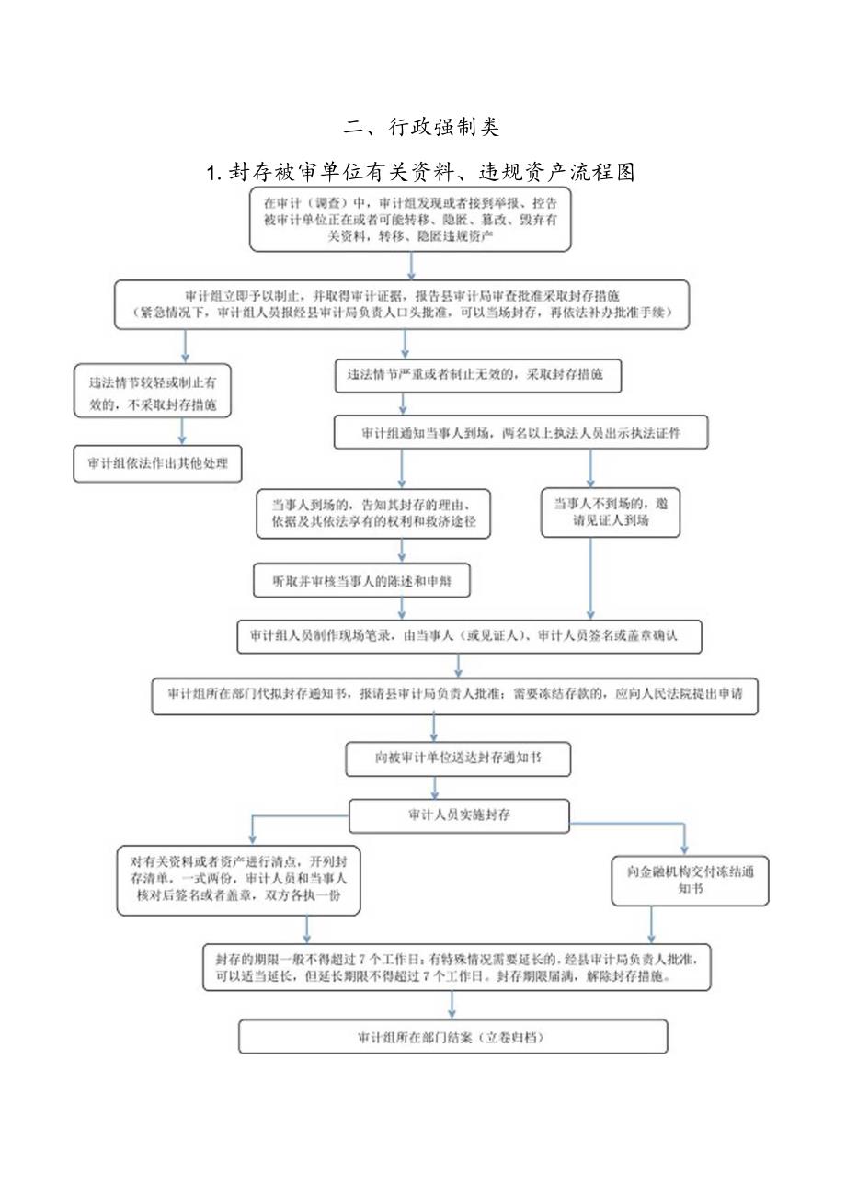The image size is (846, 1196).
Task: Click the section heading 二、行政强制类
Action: click(x=422, y=126)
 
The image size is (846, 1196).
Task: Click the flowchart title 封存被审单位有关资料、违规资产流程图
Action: click(x=422, y=171)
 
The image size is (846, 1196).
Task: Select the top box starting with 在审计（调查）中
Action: click(x=410, y=219)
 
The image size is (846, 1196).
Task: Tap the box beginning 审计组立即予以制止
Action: click(x=402, y=304)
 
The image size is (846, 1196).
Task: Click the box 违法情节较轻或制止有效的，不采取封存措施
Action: click(x=153, y=391)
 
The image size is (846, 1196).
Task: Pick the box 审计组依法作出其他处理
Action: click(x=158, y=464)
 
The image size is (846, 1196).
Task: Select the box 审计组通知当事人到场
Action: click(x=520, y=431)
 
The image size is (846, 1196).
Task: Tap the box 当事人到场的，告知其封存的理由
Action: click(x=373, y=513)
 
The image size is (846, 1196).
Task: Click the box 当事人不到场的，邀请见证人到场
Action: click(x=611, y=513)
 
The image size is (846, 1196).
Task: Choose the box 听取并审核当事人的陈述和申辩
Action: click(x=361, y=581)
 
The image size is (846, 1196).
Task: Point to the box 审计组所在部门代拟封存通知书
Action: click(x=455, y=696)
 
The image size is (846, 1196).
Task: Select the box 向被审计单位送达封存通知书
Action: click(x=459, y=758)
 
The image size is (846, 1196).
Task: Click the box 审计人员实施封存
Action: click(x=458, y=815)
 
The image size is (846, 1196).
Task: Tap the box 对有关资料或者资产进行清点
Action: click(x=239, y=881)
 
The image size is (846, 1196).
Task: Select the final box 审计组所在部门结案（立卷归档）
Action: click(x=452, y=1036)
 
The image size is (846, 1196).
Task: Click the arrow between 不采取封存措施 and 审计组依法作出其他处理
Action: click(x=182, y=431)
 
